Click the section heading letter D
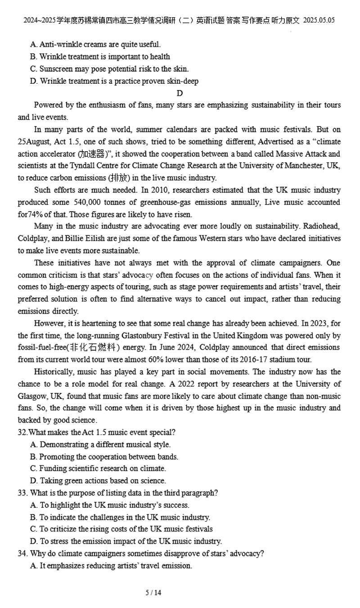coord(180,93)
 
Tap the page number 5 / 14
coord(153,593)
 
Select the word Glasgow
coord(32,396)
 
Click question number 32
coord(22,432)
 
